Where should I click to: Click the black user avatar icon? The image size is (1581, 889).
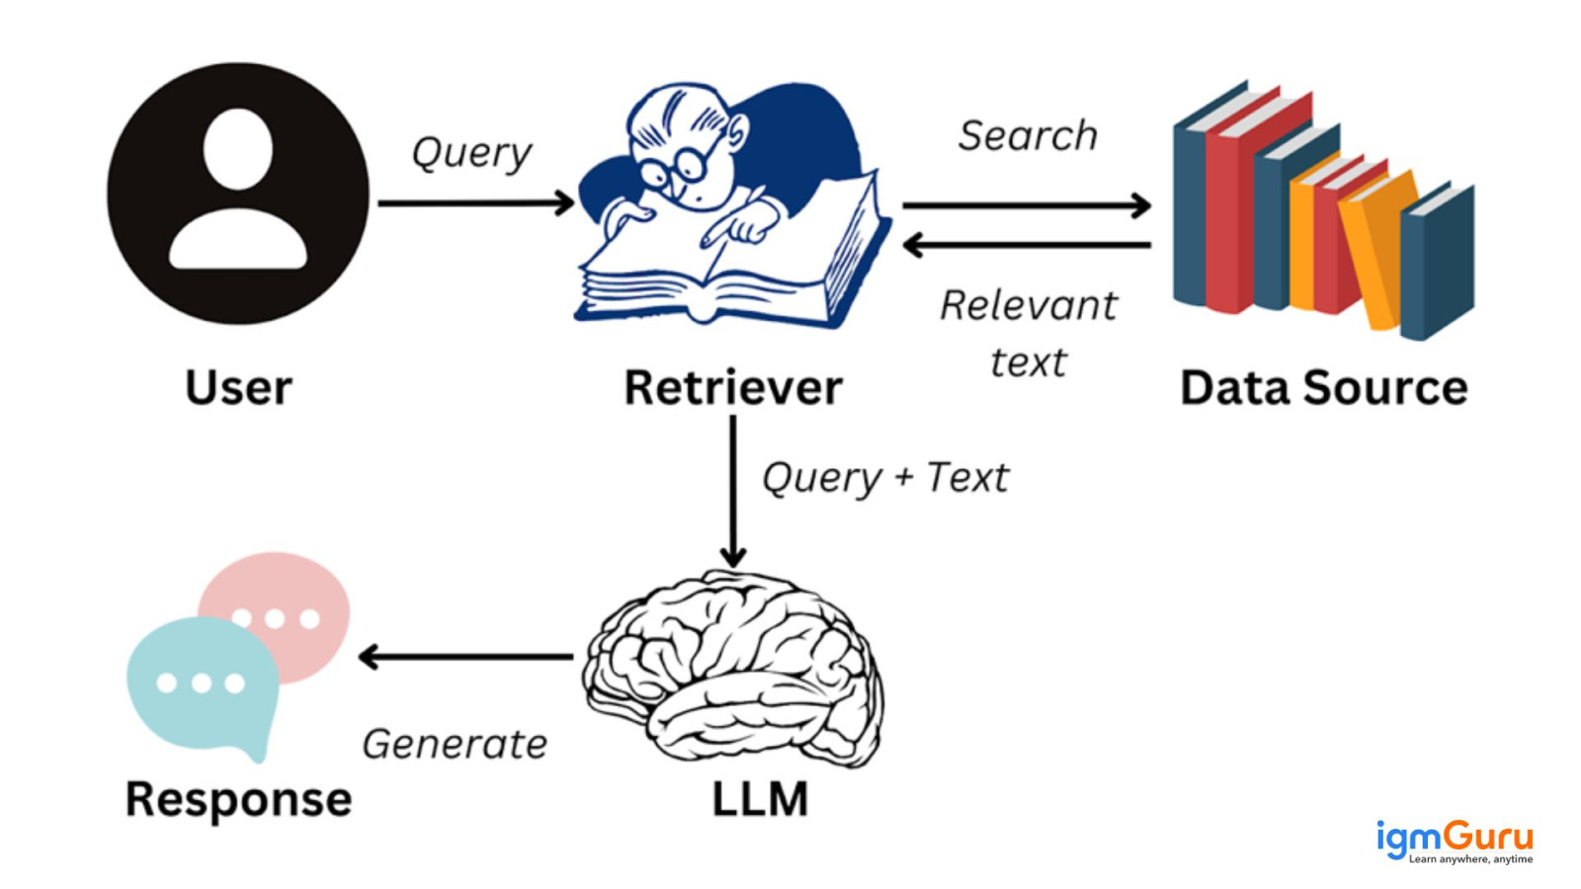pos(237,194)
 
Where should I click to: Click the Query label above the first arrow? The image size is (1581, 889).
pos(471,152)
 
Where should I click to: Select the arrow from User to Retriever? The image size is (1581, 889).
pos(475,203)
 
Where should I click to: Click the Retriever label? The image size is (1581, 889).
pos(732,387)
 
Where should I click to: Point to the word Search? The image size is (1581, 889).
pos(1028,135)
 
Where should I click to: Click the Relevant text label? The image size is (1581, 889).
pos(1028,332)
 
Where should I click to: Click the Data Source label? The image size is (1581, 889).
pos(1323,387)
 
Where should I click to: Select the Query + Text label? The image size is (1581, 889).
pos(885,478)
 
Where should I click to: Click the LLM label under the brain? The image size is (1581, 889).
pos(760,799)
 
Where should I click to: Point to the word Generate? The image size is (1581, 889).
pos(455,744)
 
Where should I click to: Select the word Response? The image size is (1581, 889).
pos(238,799)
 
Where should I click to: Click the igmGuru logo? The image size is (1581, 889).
pos(1454,841)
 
